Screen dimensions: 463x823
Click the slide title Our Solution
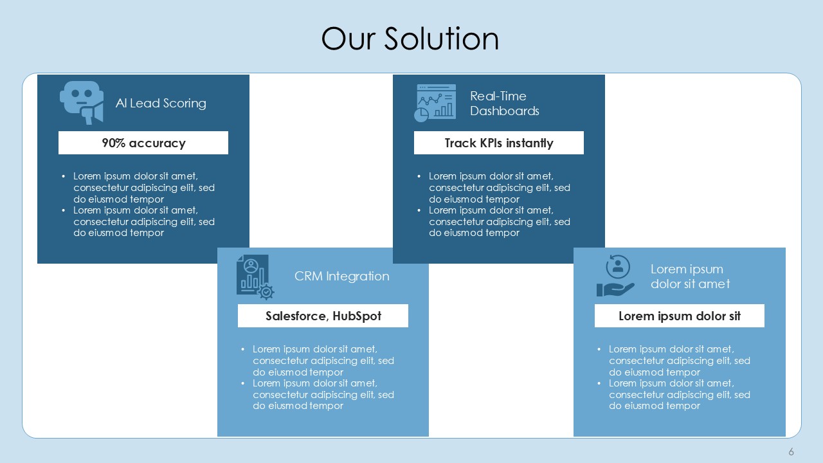410,39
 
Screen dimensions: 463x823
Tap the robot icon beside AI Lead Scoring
81,102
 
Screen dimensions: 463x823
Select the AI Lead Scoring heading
161,103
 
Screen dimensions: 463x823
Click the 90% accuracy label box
143,143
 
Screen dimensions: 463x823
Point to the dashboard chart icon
435,102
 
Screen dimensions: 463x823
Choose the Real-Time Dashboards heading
504,104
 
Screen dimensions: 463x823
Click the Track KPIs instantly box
498,143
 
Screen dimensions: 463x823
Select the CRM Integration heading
341,276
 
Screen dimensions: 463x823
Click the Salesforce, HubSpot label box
323,316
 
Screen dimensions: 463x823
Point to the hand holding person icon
615,277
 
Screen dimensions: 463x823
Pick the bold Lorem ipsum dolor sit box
679,316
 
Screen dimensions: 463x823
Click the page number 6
791,451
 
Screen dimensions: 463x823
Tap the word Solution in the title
442,39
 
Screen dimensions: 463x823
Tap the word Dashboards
504,111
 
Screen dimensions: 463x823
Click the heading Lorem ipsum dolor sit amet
690,277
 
